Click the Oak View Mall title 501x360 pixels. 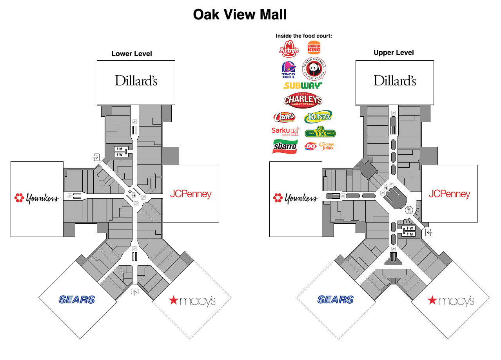[240, 15]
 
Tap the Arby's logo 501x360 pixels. [289, 49]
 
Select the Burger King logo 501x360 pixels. [314, 48]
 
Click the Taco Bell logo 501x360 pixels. [289, 70]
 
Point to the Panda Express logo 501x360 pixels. [314, 69]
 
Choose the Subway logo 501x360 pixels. [303, 85]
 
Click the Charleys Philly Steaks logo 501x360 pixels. [303, 100]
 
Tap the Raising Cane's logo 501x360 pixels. [284, 116]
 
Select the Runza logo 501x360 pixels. [318, 116]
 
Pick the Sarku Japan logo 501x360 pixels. [285, 131]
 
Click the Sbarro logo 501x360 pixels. [285, 147]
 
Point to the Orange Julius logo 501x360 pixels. [327, 146]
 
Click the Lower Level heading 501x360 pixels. [132, 54]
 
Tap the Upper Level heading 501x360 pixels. [394, 52]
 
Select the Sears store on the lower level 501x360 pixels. [77, 300]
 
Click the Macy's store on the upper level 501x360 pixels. [450, 300]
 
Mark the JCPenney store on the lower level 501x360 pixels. [191, 194]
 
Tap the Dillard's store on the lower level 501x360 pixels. [136, 81]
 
